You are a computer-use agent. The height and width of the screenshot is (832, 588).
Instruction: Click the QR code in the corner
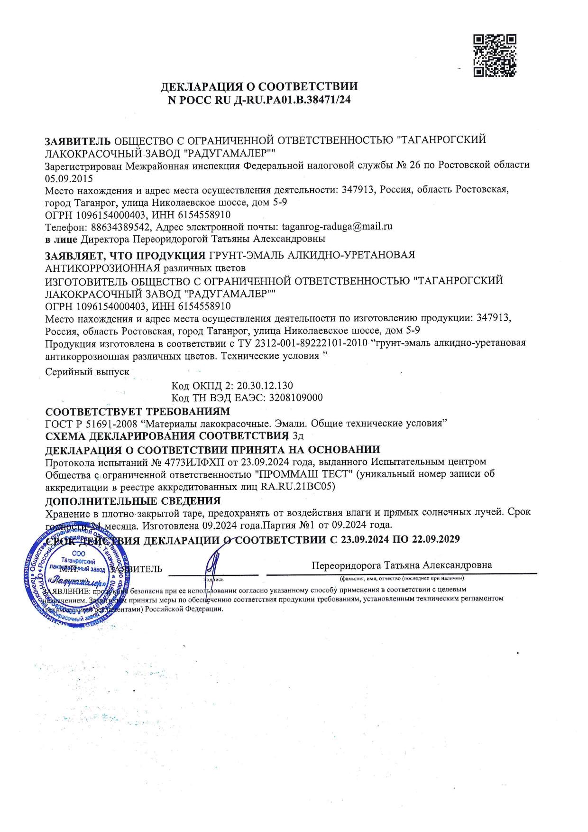click(x=495, y=55)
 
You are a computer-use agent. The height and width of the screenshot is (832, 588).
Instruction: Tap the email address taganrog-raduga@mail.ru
click(x=337, y=226)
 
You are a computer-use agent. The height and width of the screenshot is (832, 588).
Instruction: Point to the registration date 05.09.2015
click(x=69, y=179)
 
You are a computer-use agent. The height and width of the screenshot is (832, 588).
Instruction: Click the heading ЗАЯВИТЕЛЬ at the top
click(x=78, y=141)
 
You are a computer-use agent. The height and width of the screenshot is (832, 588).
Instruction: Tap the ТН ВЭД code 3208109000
click(x=295, y=398)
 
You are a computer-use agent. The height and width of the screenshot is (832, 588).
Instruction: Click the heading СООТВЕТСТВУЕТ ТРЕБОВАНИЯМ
click(x=138, y=410)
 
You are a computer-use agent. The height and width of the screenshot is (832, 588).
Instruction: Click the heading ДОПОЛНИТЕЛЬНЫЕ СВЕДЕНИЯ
click(x=133, y=500)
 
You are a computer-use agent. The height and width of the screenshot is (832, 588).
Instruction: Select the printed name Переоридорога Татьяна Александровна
click(x=401, y=565)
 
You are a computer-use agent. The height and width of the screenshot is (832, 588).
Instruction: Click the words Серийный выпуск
click(x=87, y=372)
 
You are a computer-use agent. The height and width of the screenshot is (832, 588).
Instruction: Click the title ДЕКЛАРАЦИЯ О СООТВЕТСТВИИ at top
click(x=259, y=87)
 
